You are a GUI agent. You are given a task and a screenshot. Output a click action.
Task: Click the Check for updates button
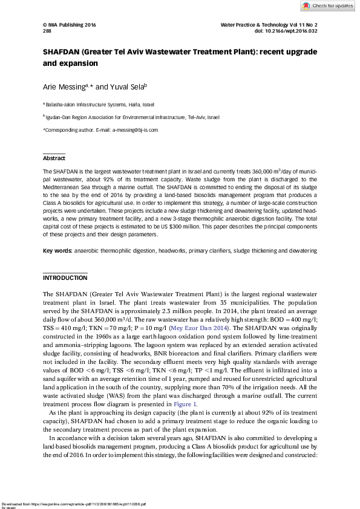(x=328, y=5)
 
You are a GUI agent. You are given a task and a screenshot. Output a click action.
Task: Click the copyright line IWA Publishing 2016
(x=70, y=25)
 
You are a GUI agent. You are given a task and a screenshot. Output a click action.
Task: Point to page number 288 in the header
(x=47, y=31)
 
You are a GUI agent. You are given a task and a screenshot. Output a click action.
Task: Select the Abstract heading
(x=53, y=158)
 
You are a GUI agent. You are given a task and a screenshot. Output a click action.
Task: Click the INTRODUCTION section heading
(x=65, y=278)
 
